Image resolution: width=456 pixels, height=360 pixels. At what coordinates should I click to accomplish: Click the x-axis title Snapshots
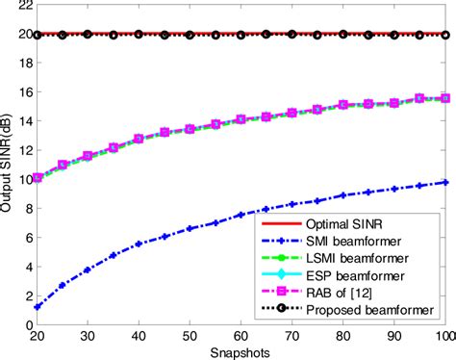pos(241,352)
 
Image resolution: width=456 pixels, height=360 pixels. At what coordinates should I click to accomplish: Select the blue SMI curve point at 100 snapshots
pos(444,182)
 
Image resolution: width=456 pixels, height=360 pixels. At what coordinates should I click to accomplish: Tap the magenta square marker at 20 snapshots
pos(38,178)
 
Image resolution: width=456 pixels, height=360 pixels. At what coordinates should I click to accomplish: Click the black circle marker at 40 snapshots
pos(139,35)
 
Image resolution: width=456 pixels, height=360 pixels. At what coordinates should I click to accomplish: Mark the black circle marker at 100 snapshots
pos(444,35)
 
